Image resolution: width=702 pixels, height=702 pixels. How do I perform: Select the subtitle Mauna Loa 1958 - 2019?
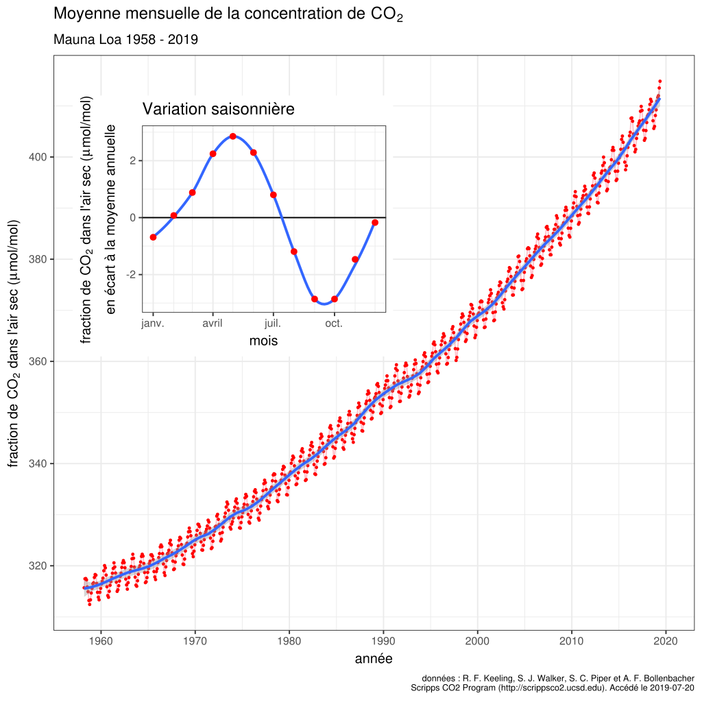pyautogui.click(x=125, y=39)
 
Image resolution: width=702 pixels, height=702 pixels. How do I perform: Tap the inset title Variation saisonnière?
pyautogui.click(x=218, y=109)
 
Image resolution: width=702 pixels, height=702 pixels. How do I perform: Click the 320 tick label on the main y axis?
pyautogui.click(x=38, y=566)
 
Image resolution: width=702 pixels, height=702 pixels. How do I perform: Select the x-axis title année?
pyautogui.click(x=374, y=659)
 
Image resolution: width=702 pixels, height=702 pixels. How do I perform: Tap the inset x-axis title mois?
pyautogui.click(x=263, y=341)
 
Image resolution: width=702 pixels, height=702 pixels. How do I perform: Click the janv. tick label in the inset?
pyautogui.click(x=153, y=323)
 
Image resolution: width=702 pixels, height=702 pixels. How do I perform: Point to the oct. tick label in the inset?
pyautogui.click(x=335, y=323)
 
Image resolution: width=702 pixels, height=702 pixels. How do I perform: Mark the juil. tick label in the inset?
pyautogui.click(x=273, y=323)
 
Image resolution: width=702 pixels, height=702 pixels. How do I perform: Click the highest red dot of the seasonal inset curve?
pyautogui.click(x=233, y=136)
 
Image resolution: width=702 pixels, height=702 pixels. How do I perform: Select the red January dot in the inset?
pyautogui.click(x=153, y=237)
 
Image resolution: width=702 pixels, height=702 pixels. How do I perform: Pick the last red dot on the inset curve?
pyautogui.click(x=375, y=222)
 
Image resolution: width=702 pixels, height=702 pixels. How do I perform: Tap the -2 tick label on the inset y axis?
pyautogui.click(x=132, y=274)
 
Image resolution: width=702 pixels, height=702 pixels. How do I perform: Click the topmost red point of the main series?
pyautogui.click(x=659, y=81)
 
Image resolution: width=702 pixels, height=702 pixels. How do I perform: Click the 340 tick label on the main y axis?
pyautogui.click(x=38, y=464)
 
